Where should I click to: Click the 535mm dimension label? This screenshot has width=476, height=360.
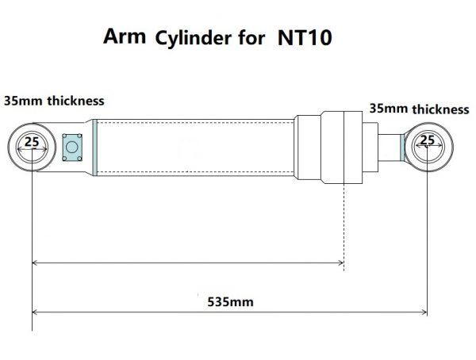tap(225, 302)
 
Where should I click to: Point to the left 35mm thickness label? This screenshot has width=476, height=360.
tap(54, 101)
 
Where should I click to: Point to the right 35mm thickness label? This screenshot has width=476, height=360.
tap(419, 109)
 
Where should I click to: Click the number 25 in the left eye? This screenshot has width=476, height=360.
tap(31, 143)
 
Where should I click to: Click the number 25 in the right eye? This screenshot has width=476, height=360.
tap(427, 140)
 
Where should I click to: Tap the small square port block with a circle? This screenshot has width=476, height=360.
tap(73, 147)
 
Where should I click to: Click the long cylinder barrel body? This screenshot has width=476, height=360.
tap(194, 147)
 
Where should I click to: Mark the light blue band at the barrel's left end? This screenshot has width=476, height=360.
tap(94, 147)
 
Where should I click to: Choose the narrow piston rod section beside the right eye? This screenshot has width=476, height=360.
tap(390, 146)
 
